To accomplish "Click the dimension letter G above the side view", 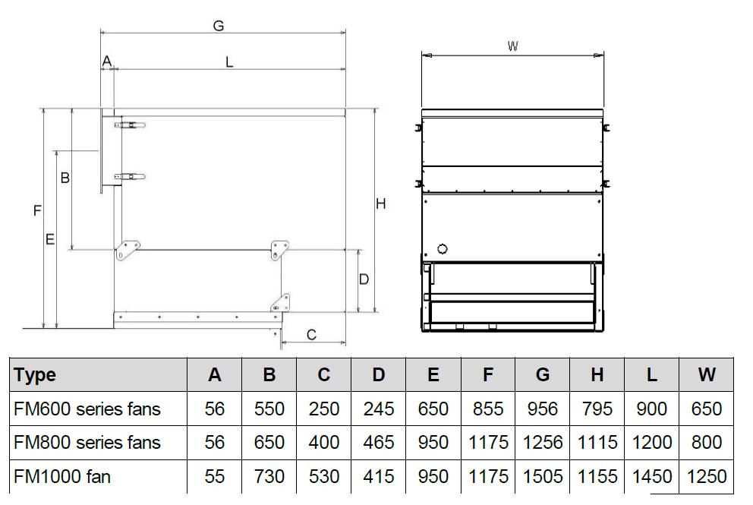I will point(218,26).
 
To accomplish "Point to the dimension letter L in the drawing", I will point(229,62).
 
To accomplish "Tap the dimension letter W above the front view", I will point(513,46).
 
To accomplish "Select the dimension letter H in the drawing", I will point(381,204).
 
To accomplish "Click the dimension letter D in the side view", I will point(364,279).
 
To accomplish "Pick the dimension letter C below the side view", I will point(311,334).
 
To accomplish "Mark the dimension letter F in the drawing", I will point(37,212).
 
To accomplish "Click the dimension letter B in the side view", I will point(65,178).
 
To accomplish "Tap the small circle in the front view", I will point(443,249).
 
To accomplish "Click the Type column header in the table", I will point(35,375).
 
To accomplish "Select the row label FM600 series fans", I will point(87,409).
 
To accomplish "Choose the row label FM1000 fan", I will point(62,477).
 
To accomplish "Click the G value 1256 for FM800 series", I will point(543,443).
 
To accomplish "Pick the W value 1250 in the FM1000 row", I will point(707,477).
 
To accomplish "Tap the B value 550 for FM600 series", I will point(269,409).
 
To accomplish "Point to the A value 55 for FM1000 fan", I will point(215,477).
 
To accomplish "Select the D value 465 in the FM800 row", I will point(379,443).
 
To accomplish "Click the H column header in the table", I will point(597,375).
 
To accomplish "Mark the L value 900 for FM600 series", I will point(652,409).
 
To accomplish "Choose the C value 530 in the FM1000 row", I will point(324,477).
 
